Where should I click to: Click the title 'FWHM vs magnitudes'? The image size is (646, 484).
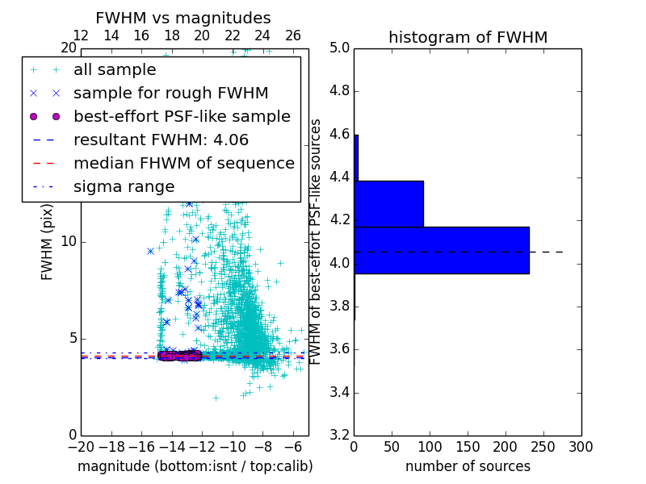[x=182, y=18]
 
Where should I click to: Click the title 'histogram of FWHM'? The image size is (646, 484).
[x=468, y=37]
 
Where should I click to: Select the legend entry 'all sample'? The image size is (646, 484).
[x=115, y=70]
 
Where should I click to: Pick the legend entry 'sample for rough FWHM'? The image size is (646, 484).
[x=170, y=94]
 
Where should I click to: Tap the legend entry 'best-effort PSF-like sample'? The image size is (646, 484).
[x=182, y=117]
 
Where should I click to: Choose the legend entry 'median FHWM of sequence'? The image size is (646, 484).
[x=183, y=164]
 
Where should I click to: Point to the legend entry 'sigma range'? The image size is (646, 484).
[x=124, y=187]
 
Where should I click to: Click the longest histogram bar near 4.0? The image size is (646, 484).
[x=441, y=250]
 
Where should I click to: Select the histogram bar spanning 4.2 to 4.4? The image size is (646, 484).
[x=388, y=204]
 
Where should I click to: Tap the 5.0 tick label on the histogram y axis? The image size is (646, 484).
[x=339, y=48]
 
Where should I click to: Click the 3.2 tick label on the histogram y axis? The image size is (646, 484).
[x=339, y=436]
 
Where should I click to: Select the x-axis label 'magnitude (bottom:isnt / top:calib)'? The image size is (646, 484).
[x=195, y=466]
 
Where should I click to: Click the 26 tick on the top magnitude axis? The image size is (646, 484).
[x=293, y=35]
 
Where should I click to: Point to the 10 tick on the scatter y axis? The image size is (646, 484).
[x=69, y=242]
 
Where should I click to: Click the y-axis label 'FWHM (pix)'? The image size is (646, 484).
[x=48, y=242]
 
